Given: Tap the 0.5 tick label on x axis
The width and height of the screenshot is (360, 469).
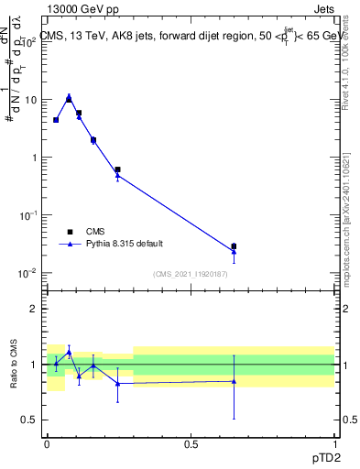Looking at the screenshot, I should [191, 443].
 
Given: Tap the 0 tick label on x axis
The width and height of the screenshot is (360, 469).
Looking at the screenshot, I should [47, 443].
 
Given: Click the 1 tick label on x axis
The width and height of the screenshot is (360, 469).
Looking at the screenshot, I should [334, 443].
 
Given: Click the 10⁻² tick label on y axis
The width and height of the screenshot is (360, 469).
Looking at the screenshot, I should [29, 273].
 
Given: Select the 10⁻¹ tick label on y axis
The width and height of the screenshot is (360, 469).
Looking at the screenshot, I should [29, 214].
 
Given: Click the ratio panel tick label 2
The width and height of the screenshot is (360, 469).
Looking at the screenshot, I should [35, 310].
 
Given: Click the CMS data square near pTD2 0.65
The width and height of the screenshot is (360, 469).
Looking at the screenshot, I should [234, 246].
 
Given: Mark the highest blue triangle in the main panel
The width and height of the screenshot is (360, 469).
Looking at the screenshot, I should [69, 95].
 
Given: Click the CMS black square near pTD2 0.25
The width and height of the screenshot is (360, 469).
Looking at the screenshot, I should [117, 169].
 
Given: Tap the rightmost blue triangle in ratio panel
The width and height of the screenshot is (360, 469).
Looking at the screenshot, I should [234, 381].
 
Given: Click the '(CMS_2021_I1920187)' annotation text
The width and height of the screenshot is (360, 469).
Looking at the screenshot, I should [190, 274].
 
